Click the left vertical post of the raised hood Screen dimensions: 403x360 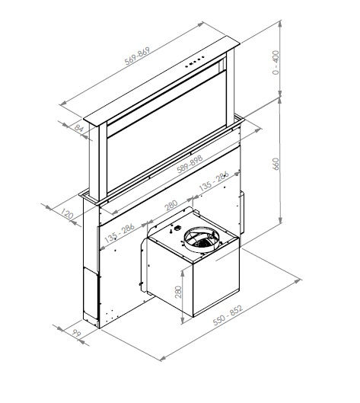[94, 160]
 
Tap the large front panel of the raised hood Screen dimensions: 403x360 [167, 145]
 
